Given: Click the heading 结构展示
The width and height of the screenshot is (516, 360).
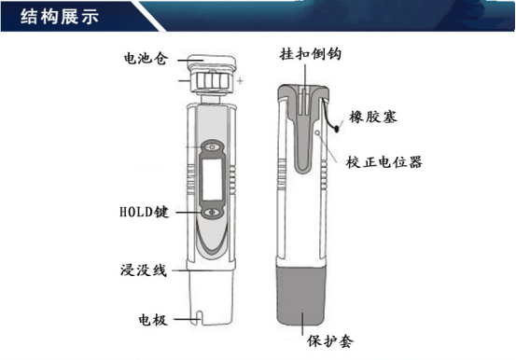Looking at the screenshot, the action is (59, 16).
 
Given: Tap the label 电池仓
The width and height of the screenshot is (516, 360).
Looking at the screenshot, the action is (146, 59).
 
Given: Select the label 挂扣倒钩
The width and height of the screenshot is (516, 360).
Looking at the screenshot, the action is (311, 54).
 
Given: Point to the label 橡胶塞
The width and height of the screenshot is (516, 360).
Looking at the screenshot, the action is (373, 117).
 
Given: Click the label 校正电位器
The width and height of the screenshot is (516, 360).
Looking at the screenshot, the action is (384, 162).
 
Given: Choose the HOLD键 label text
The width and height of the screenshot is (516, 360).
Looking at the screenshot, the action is (144, 212).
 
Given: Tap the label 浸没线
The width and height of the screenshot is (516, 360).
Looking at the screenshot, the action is (144, 270).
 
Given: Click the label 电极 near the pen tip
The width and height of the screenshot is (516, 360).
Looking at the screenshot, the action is (153, 320).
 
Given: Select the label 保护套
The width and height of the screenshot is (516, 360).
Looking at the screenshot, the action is (330, 341).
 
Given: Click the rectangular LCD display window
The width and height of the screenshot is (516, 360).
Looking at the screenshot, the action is (212, 179).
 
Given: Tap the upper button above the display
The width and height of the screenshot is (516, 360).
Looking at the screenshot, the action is (212, 146).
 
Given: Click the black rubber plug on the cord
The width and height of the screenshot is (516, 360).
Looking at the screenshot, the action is (337, 129).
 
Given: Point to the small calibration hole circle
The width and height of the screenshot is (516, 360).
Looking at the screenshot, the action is (317, 133).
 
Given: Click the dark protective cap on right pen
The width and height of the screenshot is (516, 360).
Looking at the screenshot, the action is (301, 296).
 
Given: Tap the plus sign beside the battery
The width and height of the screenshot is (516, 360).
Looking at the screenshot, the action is (240, 80).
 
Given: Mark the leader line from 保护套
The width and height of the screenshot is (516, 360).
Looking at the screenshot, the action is (302, 324).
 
